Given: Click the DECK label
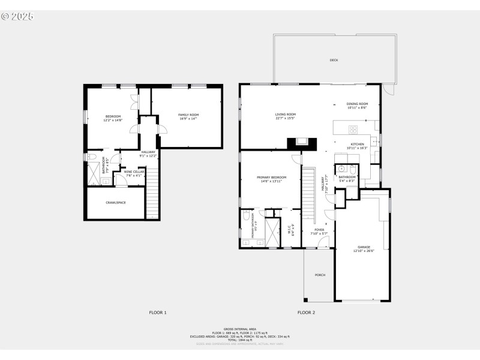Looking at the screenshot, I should (334, 60).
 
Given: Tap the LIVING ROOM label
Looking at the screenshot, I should (286, 114).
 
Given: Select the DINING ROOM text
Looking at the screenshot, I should (357, 104).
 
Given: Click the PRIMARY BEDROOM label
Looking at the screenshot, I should (271, 178).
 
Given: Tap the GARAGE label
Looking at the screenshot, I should (364, 247).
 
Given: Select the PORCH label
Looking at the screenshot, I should (320, 275).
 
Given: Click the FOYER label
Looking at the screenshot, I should (319, 229).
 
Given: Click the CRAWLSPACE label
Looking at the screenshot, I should (115, 203).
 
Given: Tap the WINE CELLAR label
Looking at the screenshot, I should (134, 172).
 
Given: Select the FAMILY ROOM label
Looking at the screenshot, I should (188, 115).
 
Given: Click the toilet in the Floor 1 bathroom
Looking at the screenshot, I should (92, 157).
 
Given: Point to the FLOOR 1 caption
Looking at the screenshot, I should (158, 313).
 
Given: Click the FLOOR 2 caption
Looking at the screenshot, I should (306, 313).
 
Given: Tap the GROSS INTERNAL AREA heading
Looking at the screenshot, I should (239, 329).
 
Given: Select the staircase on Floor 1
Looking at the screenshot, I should (153, 192).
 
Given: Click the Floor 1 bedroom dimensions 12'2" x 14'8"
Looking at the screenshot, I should (113, 120).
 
